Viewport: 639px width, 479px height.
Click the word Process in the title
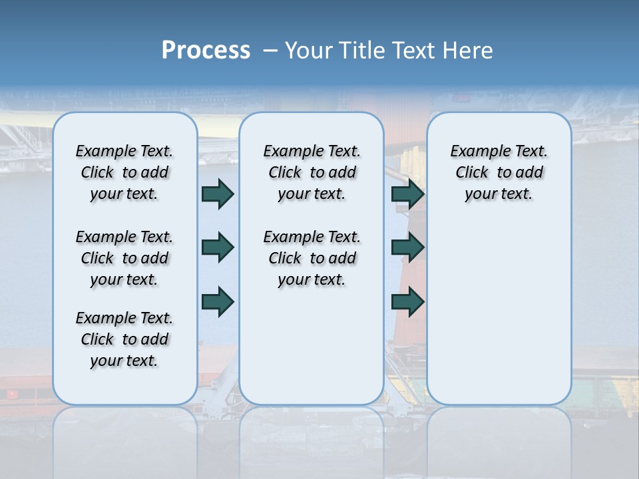(x=206, y=51)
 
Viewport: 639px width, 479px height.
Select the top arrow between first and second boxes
(x=217, y=194)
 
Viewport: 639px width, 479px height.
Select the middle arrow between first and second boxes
(x=217, y=247)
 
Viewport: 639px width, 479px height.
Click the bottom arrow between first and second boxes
(x=217, y=301)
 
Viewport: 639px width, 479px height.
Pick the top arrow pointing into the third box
(x=407, y=194)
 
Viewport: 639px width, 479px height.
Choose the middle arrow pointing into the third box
(x=407, y=247)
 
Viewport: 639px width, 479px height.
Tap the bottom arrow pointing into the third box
(x=407, y=301)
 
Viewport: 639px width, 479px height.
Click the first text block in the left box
(x=124, y=172)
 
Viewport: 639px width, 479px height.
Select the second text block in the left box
(x=124, y=258)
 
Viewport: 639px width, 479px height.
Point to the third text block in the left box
(x=124, y=339)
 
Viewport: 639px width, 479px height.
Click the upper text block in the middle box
(x=312, y=172)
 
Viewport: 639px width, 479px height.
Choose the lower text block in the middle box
(x=312, y=258)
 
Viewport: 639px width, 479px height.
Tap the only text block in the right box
(x=499, y=172)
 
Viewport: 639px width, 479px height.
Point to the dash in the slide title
(x=271, y=51)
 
